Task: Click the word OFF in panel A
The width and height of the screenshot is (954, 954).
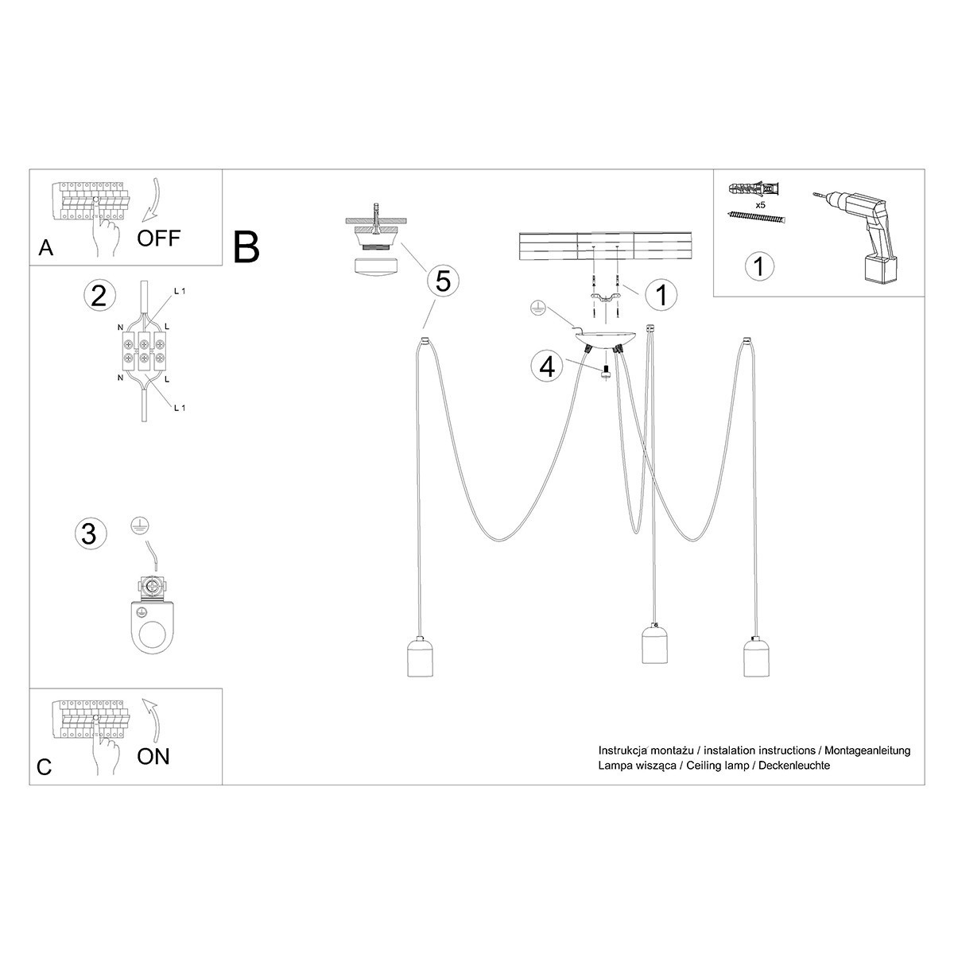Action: [159, 237]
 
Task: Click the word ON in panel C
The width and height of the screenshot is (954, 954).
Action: [153, 755]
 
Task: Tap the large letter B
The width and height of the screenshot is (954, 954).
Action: [247, 247]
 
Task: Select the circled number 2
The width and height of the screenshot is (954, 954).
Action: [99, 295]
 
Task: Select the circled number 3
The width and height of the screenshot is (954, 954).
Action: [89, 533]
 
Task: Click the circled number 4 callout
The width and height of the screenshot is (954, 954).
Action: [547, 367]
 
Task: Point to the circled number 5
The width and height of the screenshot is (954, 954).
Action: [443, 281]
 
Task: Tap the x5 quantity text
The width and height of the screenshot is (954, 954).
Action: [760, 205]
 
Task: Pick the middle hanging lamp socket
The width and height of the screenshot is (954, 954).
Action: [656, 645]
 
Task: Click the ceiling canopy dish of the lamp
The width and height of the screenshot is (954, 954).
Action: [606, 339]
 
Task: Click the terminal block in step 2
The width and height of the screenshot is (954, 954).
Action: [143, 351]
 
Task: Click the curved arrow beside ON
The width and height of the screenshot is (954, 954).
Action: [153, 719]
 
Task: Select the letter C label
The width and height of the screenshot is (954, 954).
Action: [45, 767]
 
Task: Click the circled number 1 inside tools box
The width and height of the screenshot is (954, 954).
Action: [759, 266]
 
